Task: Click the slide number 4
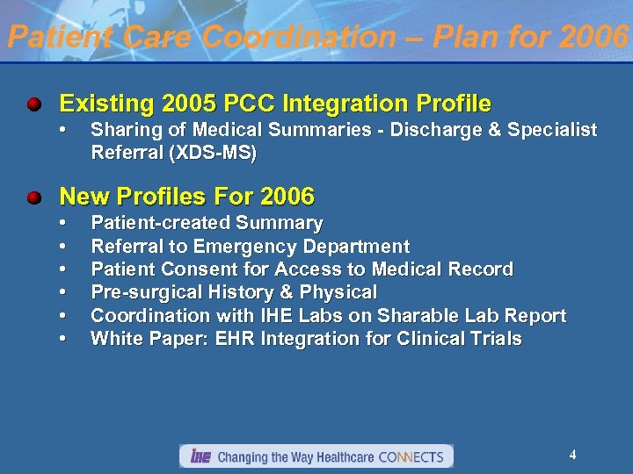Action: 572,455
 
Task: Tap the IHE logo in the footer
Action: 200,456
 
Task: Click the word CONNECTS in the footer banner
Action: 412,456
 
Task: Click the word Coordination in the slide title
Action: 300,37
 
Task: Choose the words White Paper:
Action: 144,338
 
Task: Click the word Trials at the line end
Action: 498,338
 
